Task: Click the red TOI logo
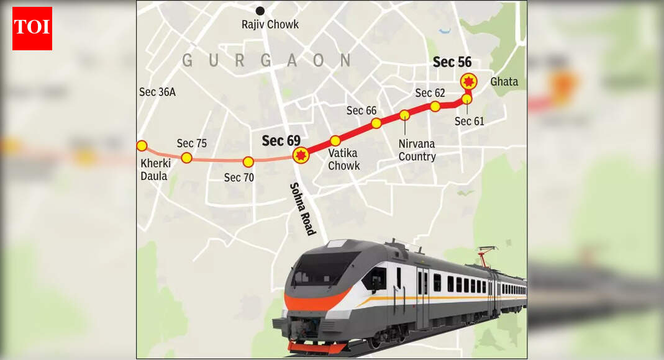tap(32, 29)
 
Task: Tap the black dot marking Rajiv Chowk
tap(260, 11)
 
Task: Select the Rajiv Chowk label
tap(270, 25)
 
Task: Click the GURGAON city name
tap(266, 60)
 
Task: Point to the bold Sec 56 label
tap(452, 62)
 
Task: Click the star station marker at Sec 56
tap(468, 81)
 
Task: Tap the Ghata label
tap(504, 82)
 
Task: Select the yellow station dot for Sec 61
tap(467, 99)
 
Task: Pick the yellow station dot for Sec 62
tap(435, 106)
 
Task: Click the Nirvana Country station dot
tap(404, 115)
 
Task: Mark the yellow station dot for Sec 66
tap(376, 123)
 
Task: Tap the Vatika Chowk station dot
tap(335, 141)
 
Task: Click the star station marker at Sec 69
tap(301, 155)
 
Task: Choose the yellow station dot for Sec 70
tap(248, 162)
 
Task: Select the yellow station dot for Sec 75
tap(186, 158)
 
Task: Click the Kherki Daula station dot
tap(142, 146)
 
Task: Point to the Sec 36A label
tap(157, 92)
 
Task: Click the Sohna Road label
tap(302, 209)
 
